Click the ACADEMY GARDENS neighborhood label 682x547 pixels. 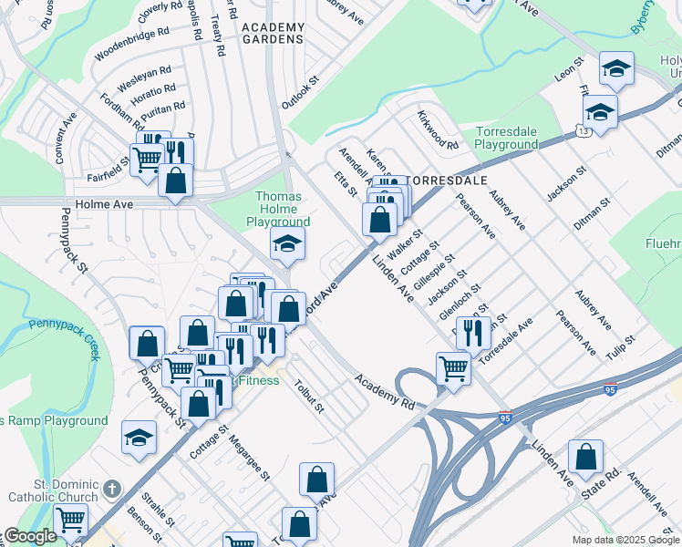pos(274,34)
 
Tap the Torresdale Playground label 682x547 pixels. pos(507,138)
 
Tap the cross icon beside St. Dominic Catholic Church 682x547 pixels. pos(111,489)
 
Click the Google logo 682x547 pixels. pos(30,537)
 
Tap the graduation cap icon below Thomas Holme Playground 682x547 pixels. pos(286,243)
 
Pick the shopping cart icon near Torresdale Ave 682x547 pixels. pos(453,367)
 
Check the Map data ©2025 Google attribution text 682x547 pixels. pos(625,540)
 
